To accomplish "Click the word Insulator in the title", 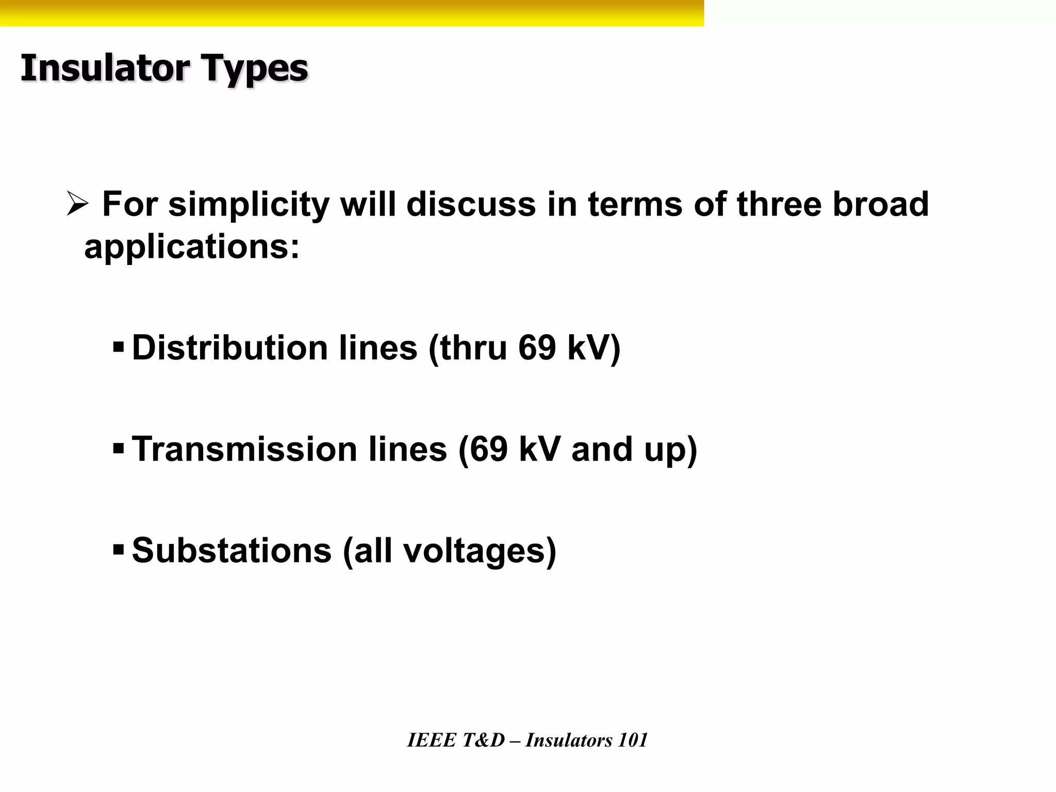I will pyautogui.click(x=105, y=68).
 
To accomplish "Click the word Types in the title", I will pyautogui.click(x=254, y=69).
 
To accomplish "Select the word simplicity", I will pyautogui.click(x=249, y=205).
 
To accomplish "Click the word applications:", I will pyautogui.click(x=192, y=247).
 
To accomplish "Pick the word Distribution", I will pyautogui.click(x=230, y=348).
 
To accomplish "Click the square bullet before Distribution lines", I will pyautogui.click(x=118, y=346).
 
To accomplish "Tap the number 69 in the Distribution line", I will pyautogui.click(x=537, y=348).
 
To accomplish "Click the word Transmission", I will pyautogui.click(x=244, y=449).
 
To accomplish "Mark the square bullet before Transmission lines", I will pyautogui.click(x=118, y=448).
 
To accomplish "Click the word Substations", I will pyautogui.click(x=232, y=551).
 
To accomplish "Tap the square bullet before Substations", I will pyautogui.click(x=118, y=550).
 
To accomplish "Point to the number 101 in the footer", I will pyautogui.click(x=632, y=740).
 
